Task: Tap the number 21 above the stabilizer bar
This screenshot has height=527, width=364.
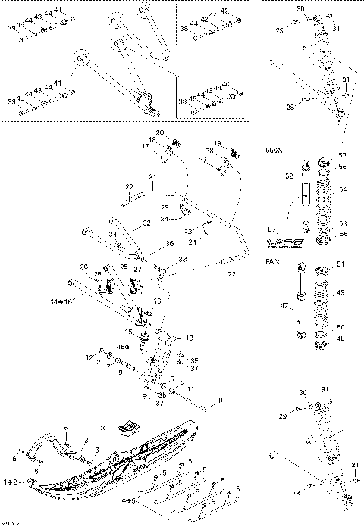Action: [152, 178]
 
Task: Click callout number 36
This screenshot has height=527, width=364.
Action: [170, 244]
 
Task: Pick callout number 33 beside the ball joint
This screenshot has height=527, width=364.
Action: [183, 259]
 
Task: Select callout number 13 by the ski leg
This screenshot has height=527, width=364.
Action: [189, 338]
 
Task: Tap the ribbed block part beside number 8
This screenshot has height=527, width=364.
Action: [130, 429]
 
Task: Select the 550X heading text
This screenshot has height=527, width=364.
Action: [273, 151]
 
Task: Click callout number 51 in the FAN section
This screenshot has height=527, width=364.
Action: [340, 263]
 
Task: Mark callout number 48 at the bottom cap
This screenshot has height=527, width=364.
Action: [340, 339]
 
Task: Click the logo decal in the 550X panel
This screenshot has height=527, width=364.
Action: [284, 244]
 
